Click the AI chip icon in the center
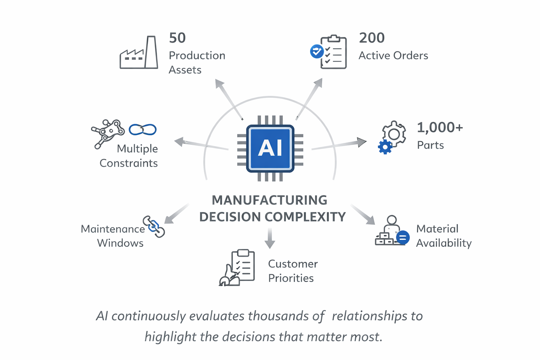tap(270, 148)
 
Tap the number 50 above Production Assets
tap(177, 38)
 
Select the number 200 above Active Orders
tap(372, 38)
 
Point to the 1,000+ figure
tap(440, 128)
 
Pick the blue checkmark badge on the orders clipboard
tap(316, 51)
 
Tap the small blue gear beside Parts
tap(385, 147)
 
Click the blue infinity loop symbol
tap(142, 130)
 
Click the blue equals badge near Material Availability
tap(403, 238)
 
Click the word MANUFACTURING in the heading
tap(269, 200)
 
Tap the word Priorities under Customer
tap(291, 278)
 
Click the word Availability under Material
tap(444, 243)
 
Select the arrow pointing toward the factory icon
tap(229, 99)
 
